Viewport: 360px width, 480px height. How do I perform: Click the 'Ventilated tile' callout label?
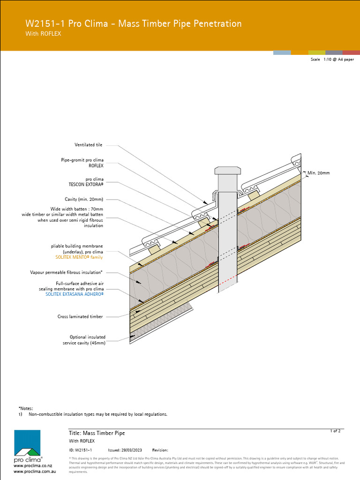tap(88, 145)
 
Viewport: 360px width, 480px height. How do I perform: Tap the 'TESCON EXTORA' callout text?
tap(86, 184)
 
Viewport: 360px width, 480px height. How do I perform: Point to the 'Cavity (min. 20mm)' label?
tap(84, 199)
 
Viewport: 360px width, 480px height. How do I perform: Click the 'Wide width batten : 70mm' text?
tap(77, 209)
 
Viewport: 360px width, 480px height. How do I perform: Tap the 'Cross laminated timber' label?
tap(80, 317)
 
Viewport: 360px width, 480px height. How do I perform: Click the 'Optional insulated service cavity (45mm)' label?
tap(84, 340)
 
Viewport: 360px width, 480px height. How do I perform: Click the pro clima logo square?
tap(27, 443)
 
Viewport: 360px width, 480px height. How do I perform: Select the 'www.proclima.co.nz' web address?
tap(33, 466)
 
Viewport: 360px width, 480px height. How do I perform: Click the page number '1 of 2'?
tap(335, 431)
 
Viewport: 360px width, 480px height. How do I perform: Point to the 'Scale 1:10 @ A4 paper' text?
tap(332, 60)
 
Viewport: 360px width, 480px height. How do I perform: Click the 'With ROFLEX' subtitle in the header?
tap(43, 34)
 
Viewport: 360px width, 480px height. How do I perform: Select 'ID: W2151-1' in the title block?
tap(80, 450)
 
